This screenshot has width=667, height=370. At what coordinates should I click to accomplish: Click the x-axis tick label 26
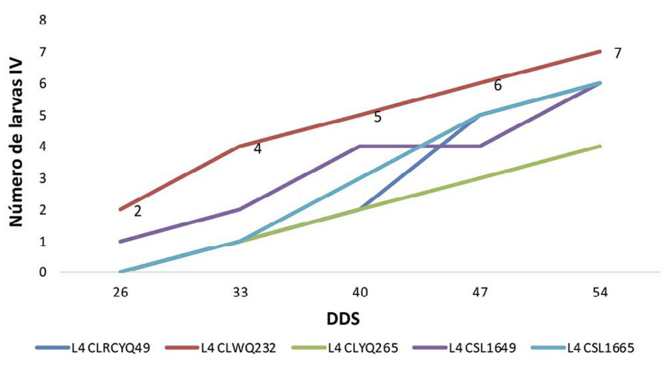pyautogui.click(x=121, y=294)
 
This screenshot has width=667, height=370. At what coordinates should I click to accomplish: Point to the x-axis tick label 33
pyautogui.click(x=241, y=294)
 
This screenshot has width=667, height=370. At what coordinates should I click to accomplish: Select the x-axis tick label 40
pyautogui.click(x=361, y=294)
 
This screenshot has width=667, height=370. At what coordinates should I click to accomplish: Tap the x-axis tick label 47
pyautogui.click(x=480, y=294)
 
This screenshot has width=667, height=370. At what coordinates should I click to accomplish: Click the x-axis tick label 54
pyautogui.click(x=600, y=294)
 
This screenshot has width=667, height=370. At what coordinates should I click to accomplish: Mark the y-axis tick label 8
pyautogui.click(x=44, y=21)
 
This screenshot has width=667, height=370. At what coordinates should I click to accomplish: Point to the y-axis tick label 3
pyautogui.click(x=44, y=178)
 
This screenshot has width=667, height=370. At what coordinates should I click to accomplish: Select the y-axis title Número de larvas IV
pyautogui.click(x=16, y=145)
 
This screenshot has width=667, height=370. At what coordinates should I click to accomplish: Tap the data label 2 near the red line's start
pyautogui.click(x=138, y=212)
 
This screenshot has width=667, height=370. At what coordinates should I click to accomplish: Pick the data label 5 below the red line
pyautogui.click(x=377, y=117)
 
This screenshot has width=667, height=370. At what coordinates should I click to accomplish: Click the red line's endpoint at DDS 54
pyautogui.click(x=600, y=52)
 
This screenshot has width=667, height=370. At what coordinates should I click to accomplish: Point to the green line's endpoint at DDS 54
pyautogui.click(x=600, y=146)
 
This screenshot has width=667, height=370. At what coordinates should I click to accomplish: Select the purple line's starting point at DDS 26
pyautogui.click(x=121, y=241)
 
